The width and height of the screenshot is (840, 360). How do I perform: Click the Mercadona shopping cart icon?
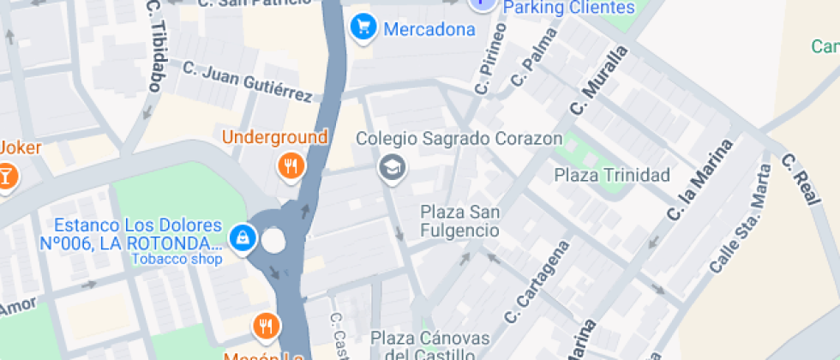click(364, 28)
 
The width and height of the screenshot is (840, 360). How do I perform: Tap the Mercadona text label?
click(429, 30)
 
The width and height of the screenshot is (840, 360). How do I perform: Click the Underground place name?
click(275, 137)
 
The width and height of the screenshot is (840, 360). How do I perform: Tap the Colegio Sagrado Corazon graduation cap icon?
click(393, 167)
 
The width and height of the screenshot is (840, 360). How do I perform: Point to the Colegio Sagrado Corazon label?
click(459, 138)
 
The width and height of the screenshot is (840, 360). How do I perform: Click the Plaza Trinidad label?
click(612, 176)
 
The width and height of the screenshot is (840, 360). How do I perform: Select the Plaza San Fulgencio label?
click(459, 221)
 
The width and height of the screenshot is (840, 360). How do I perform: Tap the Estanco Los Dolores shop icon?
click(243, 237)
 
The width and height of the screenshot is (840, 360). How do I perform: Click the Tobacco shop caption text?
click(177, 259)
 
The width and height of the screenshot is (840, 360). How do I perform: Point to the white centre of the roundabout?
click(273, 241)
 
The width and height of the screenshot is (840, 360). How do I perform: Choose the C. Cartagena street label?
click(537, 284)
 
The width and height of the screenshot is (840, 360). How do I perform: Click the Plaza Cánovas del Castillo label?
click(429, 346)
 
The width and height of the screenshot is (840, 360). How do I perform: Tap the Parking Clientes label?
click(569, 8)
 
